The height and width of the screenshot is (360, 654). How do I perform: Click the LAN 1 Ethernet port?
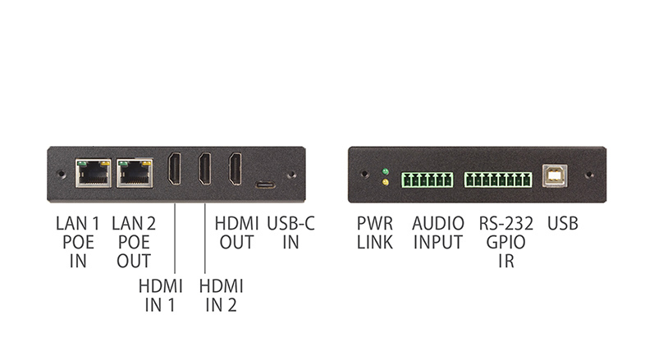pos(94,173)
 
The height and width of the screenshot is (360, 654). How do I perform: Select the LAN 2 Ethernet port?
pos(135,173)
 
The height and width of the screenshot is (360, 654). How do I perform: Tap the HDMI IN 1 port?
pos(174,169)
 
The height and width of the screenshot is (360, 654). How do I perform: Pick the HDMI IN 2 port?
pos(205,169)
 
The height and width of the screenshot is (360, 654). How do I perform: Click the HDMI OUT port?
pos(236,169)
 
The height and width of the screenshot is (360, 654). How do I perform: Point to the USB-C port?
pos(265,185)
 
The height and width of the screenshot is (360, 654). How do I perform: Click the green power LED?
pos(386,171)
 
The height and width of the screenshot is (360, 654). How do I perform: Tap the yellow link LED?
pos(386,182)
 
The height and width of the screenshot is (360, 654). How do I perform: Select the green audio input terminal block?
pos(427,180)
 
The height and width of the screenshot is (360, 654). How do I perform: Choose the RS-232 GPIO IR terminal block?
pos(498,180)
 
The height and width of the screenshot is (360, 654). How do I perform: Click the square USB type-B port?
pos(555,175)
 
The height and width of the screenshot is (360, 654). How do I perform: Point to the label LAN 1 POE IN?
pos(78,243)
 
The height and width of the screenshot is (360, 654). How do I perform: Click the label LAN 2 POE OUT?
pos(134,243)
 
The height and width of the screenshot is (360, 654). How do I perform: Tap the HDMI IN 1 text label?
pos(161,296)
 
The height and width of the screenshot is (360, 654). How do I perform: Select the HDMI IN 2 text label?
pos(221,296)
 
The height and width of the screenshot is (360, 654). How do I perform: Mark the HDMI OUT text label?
pos(236,233)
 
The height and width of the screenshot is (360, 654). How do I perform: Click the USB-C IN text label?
pos(290,233)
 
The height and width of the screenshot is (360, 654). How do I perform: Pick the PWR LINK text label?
pos(375,233)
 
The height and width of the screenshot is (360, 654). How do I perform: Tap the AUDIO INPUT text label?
pos(438,233)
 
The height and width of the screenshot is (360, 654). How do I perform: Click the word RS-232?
pos(506,224)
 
